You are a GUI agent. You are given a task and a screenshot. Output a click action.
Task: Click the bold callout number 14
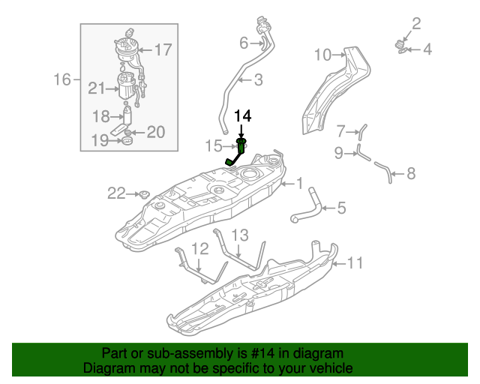[243, 116]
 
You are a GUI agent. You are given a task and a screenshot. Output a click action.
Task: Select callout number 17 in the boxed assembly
[163, 50]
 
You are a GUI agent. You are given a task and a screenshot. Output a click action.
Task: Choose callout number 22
[116, 193]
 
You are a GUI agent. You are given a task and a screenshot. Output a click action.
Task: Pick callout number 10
[322, 55]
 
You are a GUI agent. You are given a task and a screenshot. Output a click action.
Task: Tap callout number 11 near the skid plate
[354, 262]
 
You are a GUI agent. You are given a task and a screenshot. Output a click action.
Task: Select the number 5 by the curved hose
[341, 208]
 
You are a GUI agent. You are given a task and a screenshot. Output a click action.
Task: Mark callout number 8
[410, 175]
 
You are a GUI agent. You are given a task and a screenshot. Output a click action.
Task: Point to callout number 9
[338, 153]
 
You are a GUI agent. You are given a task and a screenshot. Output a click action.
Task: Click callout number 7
[340, 131]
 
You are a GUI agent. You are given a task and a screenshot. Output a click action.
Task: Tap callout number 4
[427, 50]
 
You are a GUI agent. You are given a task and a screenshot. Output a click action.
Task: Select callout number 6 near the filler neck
[244, 42]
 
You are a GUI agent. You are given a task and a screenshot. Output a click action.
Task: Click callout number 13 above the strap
[238, 236]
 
